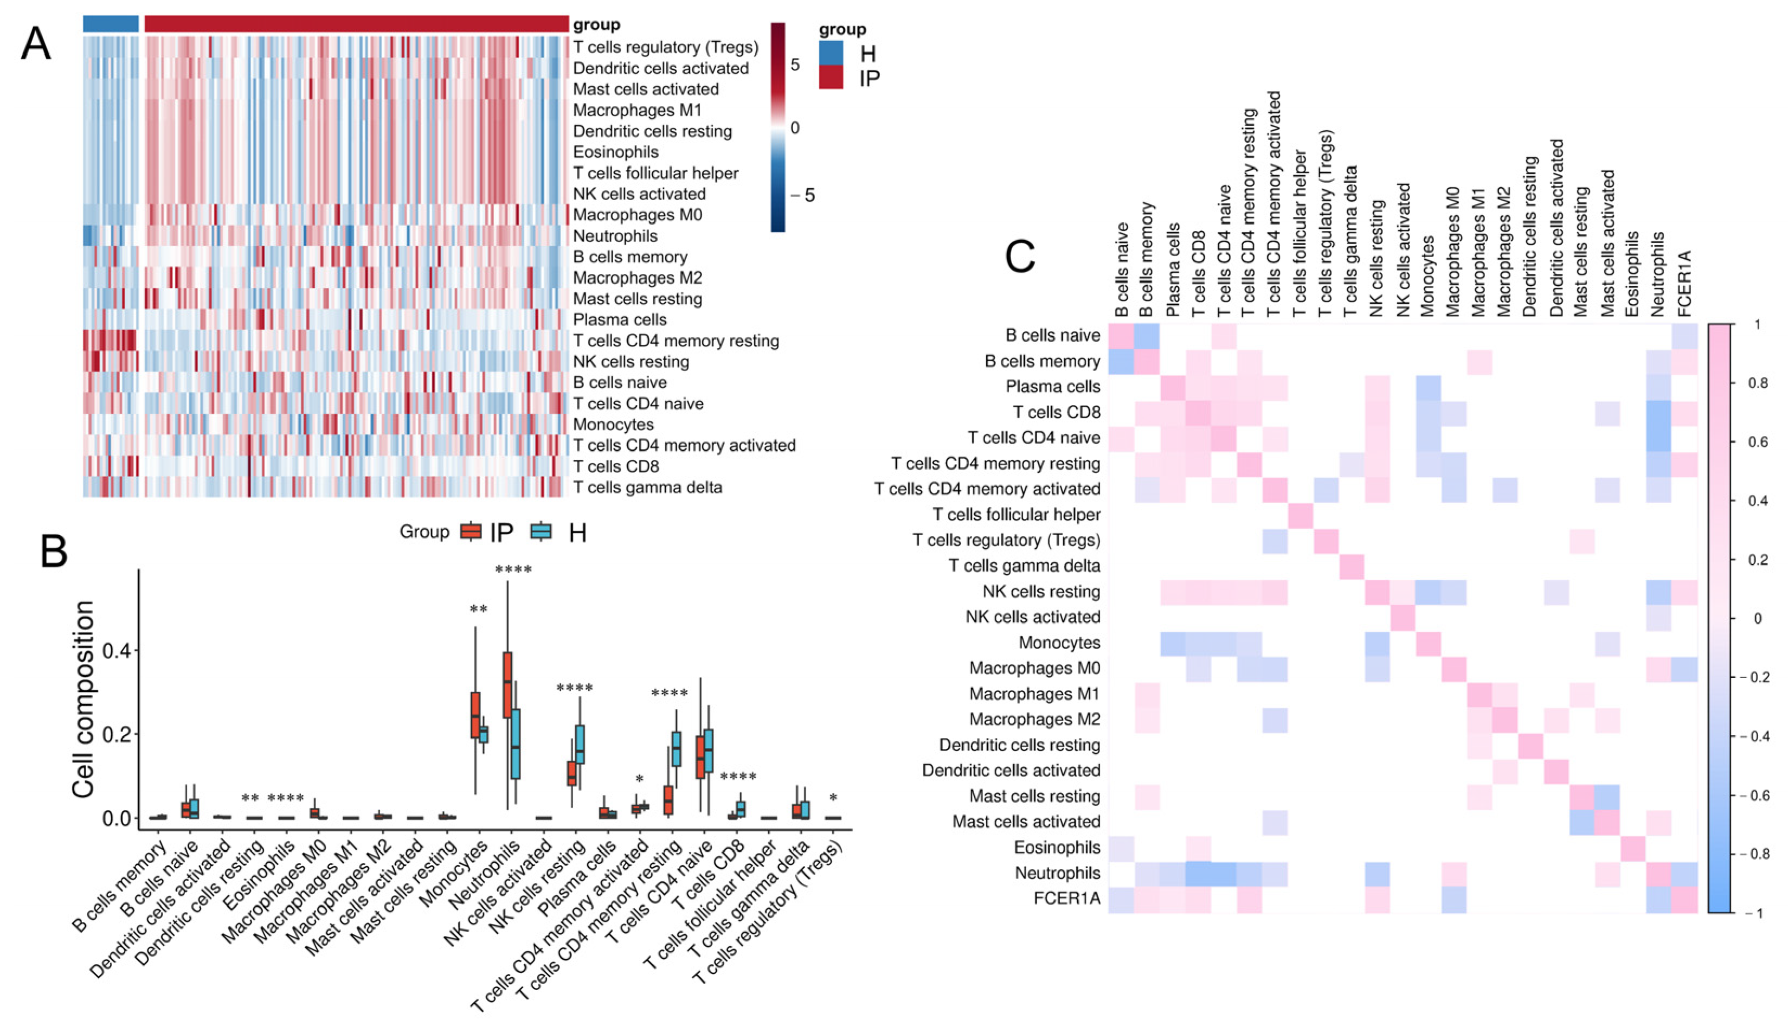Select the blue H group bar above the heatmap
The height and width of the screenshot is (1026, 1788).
[x=111, y=24]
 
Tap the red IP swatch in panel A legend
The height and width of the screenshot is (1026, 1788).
[x=831, y=78]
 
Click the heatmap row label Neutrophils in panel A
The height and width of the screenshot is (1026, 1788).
[x=615, y=236]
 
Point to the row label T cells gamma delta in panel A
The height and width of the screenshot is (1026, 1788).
[x=647, y=488]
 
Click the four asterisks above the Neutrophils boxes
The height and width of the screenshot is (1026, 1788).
[x=513, y=570]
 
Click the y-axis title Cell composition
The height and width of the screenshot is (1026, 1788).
[x=83, y=699]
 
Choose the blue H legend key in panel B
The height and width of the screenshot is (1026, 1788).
[x=541, y=532]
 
